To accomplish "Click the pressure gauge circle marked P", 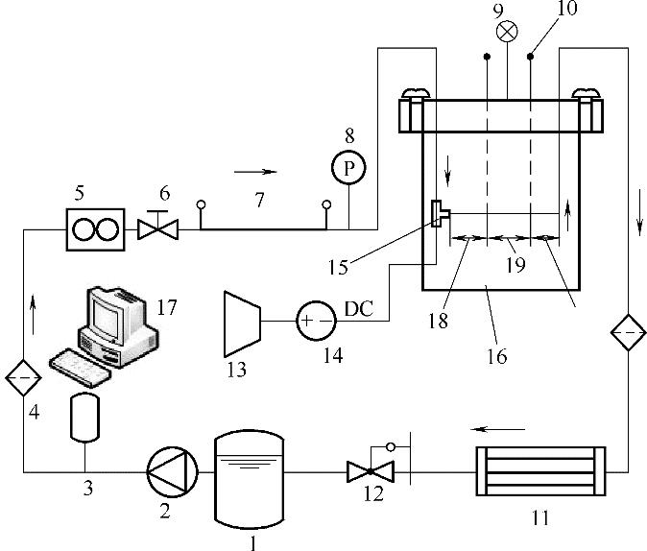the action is click(x=348, y=167).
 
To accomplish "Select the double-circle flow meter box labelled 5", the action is click(x=95, y=229).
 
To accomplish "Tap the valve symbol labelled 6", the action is click(x=157, y=226).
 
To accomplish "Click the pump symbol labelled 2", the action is click(x=173, y=471).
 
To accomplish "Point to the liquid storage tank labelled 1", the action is click(x=250, y=480).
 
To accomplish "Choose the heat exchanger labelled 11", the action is click(x=541, y=471).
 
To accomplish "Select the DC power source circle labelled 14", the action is click(x=316, y=321).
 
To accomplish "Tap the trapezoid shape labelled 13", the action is click(x=242, y=324).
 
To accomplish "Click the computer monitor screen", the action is click(x=108, y=316).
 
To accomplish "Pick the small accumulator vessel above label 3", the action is click(x=84, y=417).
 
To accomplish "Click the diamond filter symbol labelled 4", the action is click(x=23, y=377).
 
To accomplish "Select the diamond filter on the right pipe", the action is click(x=628, y=332).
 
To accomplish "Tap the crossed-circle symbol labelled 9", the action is click(x=507, y=32).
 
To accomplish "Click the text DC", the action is click(x=359, y=308).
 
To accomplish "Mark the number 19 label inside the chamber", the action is click(x=515, y=265).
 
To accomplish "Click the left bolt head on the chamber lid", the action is click(x=417, y=93).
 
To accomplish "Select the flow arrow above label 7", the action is click(x=255, y=172).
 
